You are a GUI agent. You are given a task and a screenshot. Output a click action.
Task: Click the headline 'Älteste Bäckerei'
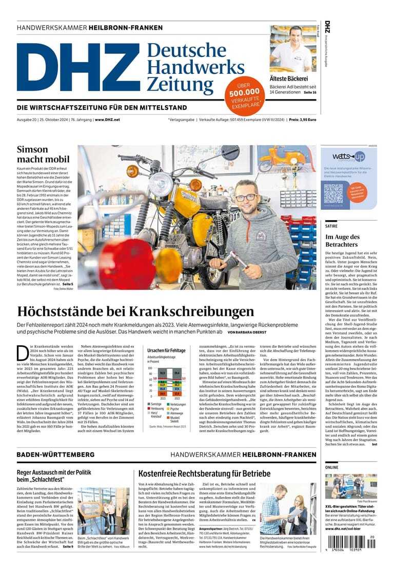pyautogui.click(x=288, y=78)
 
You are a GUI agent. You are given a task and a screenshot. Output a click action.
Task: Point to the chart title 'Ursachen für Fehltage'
pyautogui.click(x=166, y=350)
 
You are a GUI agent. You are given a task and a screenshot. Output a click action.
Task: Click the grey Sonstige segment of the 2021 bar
pyautogui.click(x=163, y=373)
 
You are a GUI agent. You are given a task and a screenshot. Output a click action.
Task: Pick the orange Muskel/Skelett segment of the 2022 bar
pyautogui.click(x=177, y=394)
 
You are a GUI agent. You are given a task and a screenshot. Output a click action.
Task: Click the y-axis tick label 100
pyautogui.click(x=150, y=368)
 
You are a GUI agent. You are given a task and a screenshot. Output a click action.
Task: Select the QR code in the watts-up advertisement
pyautogui.click(x=333, y=193)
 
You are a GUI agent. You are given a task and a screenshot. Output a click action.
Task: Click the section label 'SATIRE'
pyautogui.click(x=331, y=226)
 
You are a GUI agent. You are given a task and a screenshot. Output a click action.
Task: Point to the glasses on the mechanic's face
pyautogui.click(x=246, y=197)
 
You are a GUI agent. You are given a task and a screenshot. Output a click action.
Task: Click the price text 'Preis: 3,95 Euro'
pyautogui.click(x=302, y=119)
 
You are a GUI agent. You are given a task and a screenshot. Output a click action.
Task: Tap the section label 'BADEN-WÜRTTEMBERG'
pyautogui.click(x=55, y=454)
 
